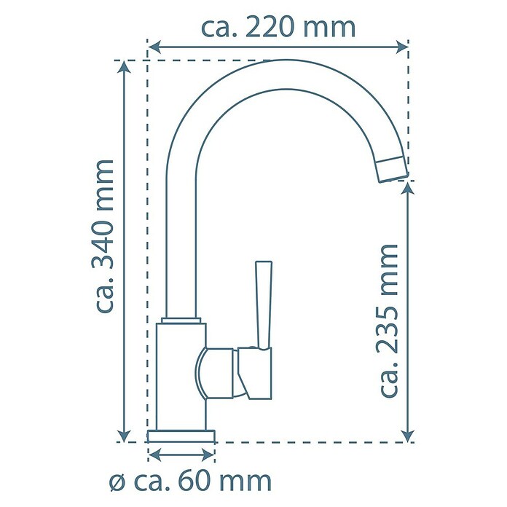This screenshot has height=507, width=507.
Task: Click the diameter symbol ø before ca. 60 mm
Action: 117,483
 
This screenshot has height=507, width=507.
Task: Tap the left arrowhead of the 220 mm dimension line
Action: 154,47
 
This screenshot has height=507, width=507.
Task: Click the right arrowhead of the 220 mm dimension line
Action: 402,47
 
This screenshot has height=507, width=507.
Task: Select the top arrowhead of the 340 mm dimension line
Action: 125,67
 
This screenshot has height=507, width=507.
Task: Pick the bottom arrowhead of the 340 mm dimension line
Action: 125,435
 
